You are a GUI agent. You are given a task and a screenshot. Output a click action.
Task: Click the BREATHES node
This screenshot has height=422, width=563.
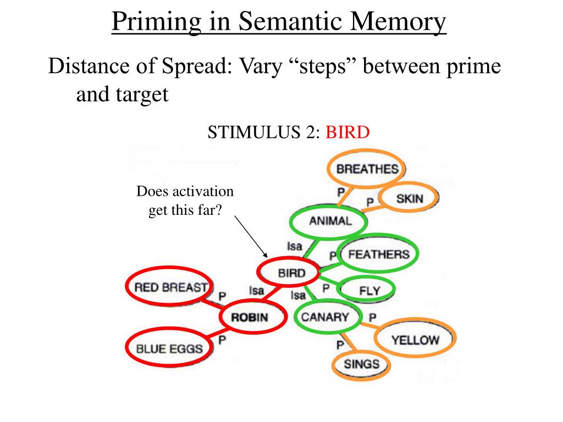pyautogui.click(x=367, y=169)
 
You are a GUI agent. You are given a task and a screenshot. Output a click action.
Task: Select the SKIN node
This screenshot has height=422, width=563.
pyautogui.click(x=409, y=198)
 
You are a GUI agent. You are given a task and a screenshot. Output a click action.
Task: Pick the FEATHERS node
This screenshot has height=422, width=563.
pyautogui.click(x=379, y=254)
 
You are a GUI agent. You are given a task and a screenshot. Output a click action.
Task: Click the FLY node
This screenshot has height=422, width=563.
pyautogui.click(x=369, y=290)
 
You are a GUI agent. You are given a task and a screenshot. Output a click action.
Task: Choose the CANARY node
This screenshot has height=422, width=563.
pyautogui.click(x=325, y=317)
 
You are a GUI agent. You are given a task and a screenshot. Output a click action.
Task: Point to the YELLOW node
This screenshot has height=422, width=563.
pyautogui.click(x=415, y=340)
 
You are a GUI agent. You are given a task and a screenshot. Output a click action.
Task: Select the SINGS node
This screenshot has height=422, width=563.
pyautogui.click(x=361, y=363)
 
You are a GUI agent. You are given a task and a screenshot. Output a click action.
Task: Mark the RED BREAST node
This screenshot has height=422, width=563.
pyautogui.click(x=171, y=287)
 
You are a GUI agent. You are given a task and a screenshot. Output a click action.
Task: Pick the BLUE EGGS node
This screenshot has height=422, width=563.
pyautogui.click(x=169, y=348)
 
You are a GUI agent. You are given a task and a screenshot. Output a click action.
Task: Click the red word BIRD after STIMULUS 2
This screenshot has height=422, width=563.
pyautogui.click(x=347, y=132)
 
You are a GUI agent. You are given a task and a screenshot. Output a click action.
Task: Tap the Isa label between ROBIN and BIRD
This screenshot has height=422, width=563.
pyautogui.click(x=256, y=290)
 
